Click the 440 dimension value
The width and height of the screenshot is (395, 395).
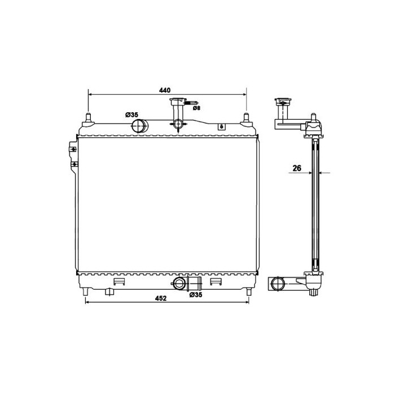click(165, 90)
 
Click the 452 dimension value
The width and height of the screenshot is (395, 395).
click(161, 299)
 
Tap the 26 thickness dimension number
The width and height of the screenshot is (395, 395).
click(297, 168)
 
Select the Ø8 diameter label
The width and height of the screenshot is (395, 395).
click(196, 108)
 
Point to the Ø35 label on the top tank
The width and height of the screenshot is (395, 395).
click(131, 115)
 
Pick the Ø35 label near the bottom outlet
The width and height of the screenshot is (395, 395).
click(196, 295)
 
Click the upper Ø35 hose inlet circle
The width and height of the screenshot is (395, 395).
click(139, 126)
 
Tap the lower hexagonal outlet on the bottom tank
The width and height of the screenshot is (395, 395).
click(179, 284)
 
